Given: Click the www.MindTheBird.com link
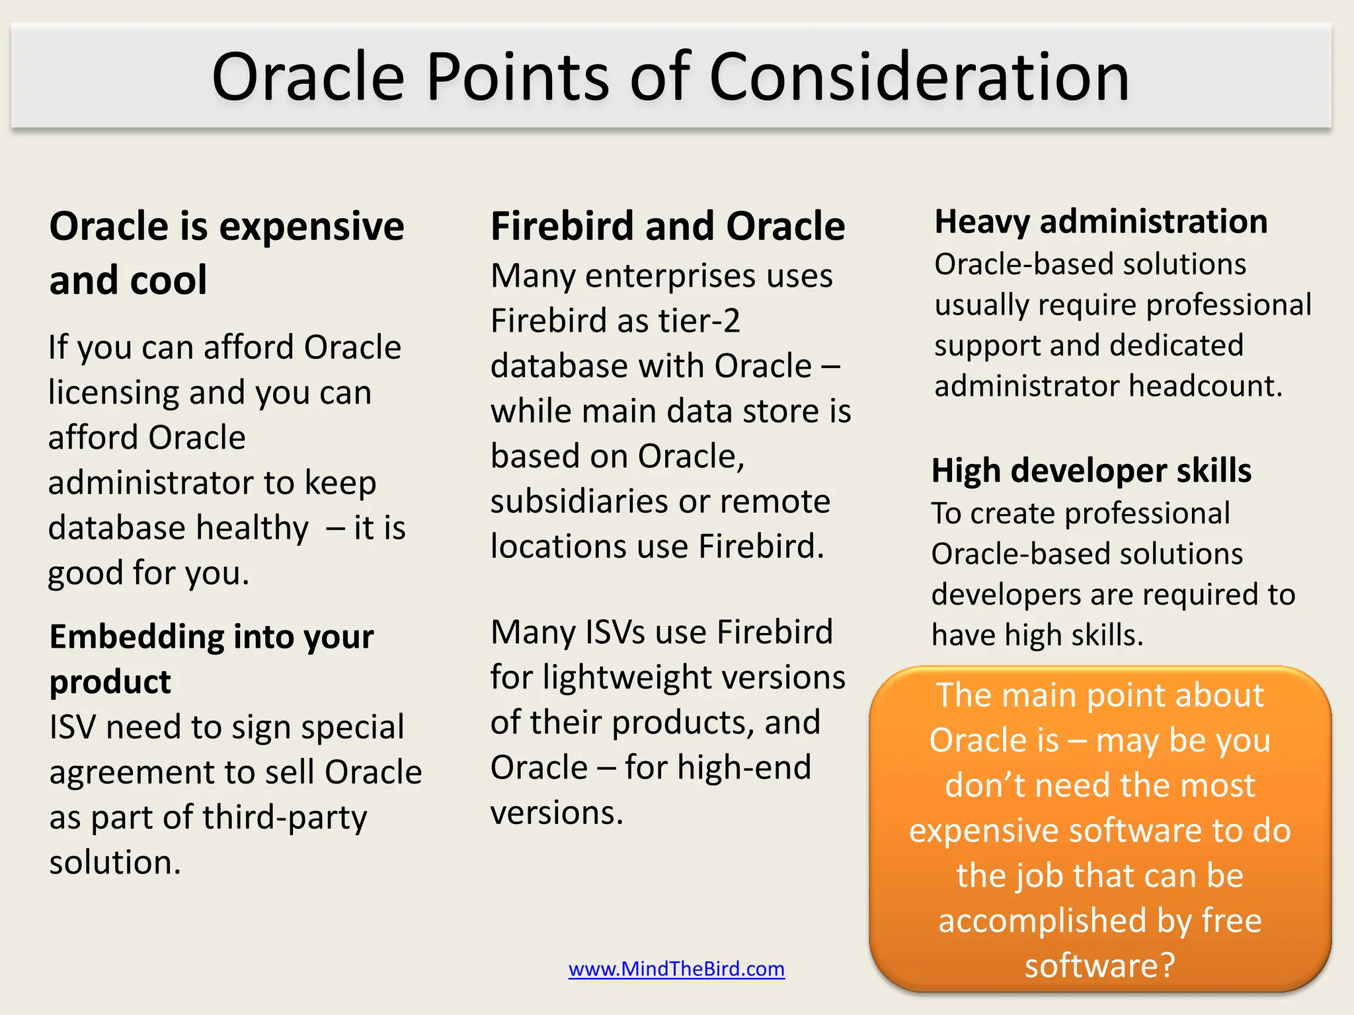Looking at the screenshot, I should pos(676,969).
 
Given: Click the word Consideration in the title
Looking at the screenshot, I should pos(919,77).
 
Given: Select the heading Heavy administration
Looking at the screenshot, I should pos(1101,221).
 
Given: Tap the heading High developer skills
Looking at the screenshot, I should pos(1091,470).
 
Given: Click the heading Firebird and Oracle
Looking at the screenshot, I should pos(668,226).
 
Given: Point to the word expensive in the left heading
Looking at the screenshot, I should pos(311,227).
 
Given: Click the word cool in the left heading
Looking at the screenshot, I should pos(169,280).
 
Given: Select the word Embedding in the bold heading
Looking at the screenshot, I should pos(137,637).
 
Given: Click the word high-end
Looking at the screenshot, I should pos(744,768).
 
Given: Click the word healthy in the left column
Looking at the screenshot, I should pos(252,528).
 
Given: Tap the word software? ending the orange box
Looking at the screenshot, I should pos(1100,965).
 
